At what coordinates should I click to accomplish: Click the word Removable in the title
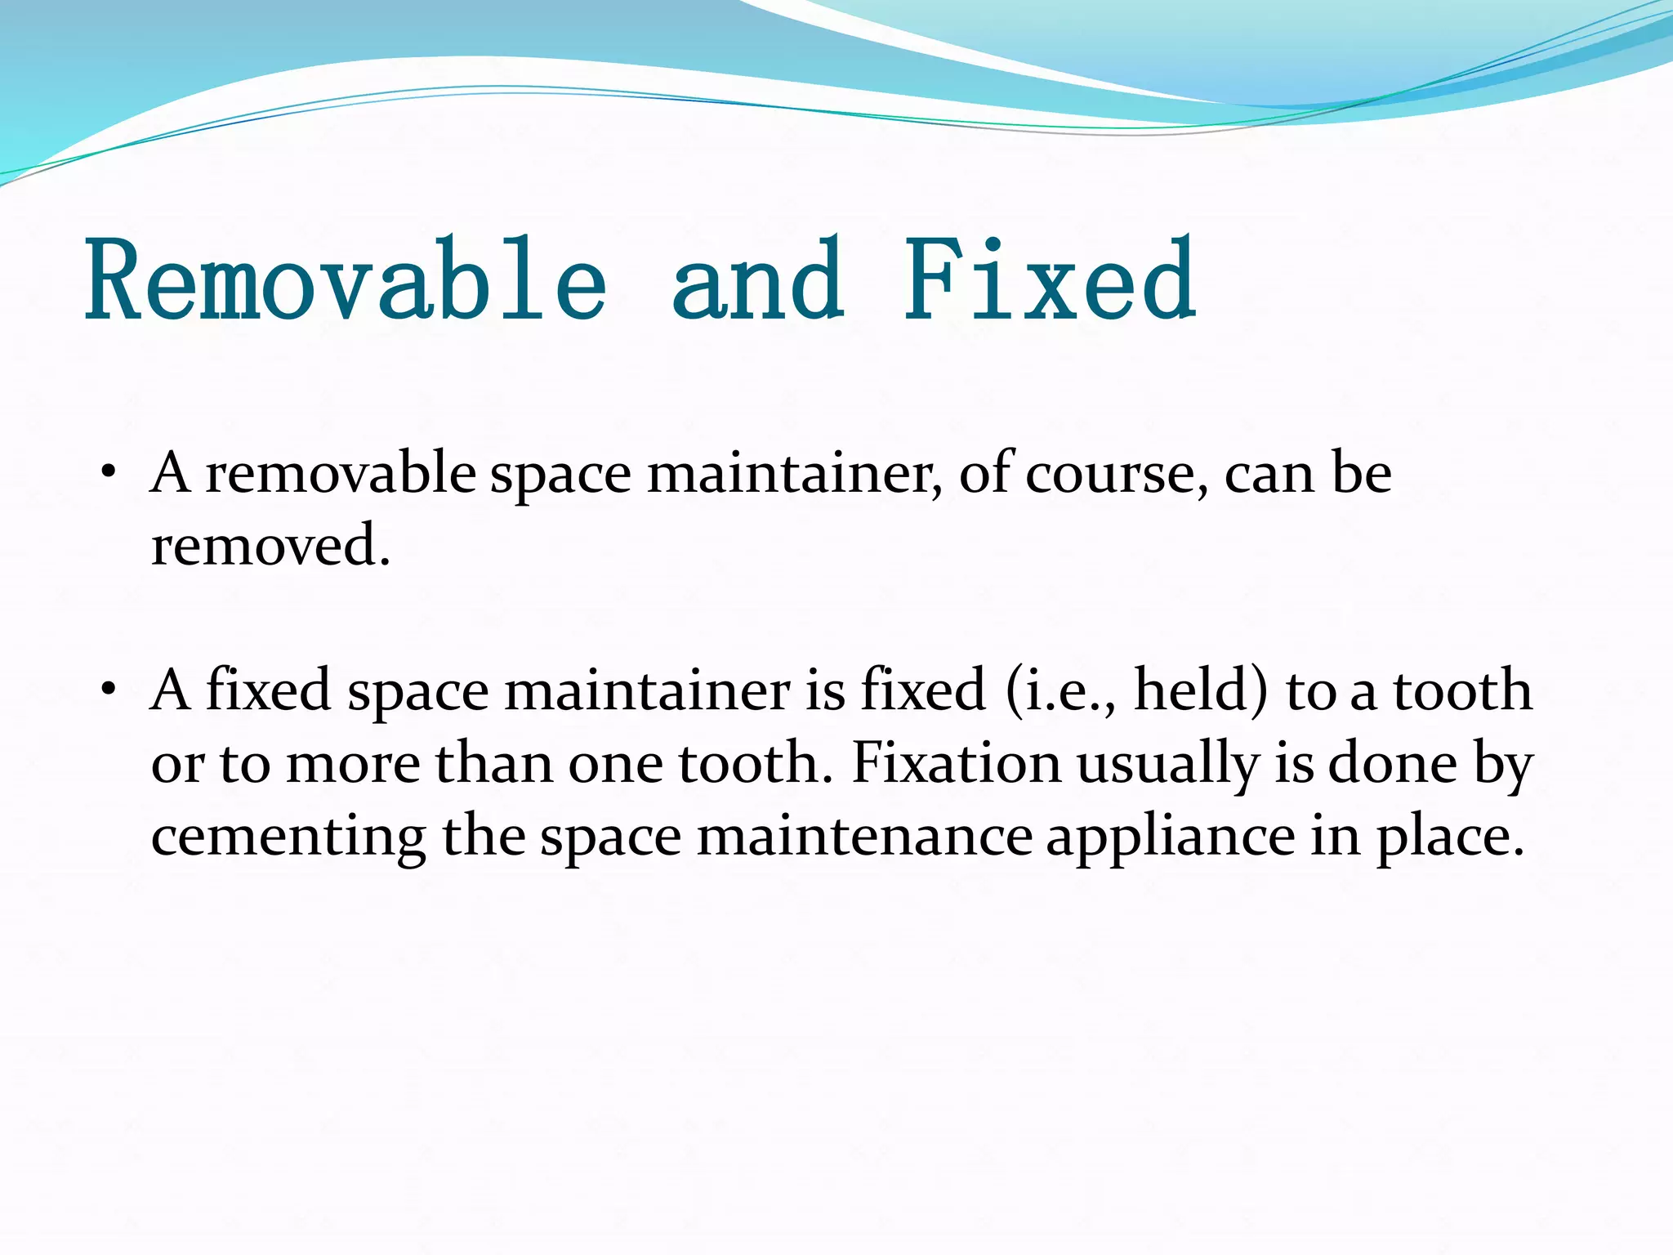(x=347, y=280)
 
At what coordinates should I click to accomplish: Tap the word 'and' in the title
(x=757, y=280)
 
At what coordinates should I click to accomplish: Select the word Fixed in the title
(x=1051, y=280)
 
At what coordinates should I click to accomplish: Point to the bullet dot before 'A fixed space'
(x=108, y=690)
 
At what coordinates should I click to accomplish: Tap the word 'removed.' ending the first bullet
(x=270, y=546)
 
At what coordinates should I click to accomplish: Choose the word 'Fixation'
(x=956, y=763)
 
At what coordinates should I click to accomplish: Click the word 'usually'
(x=1168, y=765)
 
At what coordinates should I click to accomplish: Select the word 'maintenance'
(x=865, y=836)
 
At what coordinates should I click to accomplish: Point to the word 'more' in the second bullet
(x=353, y=765)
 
